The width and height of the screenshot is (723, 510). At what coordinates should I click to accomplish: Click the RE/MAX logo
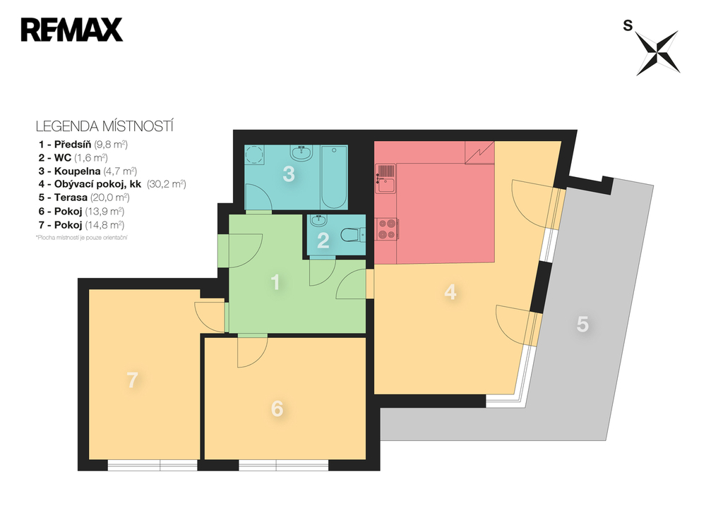coord(72,30)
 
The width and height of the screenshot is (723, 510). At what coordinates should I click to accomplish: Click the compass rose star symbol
coord(657,52)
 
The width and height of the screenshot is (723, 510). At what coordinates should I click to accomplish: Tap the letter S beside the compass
coord(627,26)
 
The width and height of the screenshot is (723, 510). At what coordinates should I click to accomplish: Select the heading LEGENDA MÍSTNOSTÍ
coord(104,127)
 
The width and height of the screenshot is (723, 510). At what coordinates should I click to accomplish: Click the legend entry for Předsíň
coord(83,144)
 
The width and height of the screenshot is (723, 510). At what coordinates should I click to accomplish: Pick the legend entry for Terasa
coord(85,198)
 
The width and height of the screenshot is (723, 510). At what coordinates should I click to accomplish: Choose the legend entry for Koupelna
coord(88,171)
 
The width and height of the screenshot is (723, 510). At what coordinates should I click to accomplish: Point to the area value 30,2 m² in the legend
coord(165,184)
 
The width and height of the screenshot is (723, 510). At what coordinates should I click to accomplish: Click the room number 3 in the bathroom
coord(288,174)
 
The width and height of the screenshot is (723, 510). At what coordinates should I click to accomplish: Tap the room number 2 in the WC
coord(323,241)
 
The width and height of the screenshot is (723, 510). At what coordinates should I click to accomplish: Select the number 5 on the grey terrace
coord(582,324)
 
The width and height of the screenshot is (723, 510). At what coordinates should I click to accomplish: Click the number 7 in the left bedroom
coord(132,380)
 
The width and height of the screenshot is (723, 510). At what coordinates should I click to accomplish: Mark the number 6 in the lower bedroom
coord(277,408)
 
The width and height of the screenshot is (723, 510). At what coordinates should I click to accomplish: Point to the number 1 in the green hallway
coord(276,283)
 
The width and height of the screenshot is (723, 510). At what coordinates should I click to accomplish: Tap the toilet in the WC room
coord(352,235)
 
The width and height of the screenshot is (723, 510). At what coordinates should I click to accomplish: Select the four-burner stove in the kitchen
coord(386,228)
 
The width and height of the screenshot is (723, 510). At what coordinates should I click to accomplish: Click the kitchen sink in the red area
coord(386,178)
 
